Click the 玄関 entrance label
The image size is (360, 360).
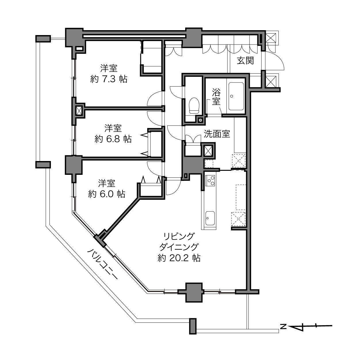[245, 61]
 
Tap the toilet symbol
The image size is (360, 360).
[194, 106]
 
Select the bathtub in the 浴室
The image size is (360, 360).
[236, 96]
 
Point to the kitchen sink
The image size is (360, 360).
[210, 219]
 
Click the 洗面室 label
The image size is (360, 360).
[217, 134]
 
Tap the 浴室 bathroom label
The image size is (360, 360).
[216, 97]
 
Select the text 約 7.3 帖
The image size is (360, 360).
[109, 79]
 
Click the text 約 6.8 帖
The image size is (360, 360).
[113, 139]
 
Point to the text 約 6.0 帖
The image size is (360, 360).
[107, 194]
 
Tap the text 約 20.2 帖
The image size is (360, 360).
[179, 258]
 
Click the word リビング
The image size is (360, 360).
[179, 236]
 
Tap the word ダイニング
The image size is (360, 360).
[179, 247]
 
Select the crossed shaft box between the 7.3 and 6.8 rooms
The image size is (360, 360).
[79, 111]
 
